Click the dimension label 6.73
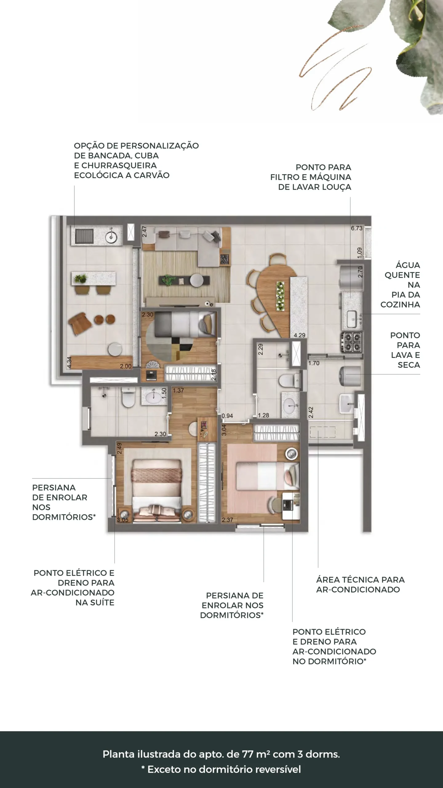tap(357, 228)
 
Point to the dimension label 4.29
tap(299, 335)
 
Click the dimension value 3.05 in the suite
tap(122, 520)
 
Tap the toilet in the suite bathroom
tap(128, 397)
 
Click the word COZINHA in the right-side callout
tap(400, 304)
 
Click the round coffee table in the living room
tap(196, 280)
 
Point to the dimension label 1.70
tap(314, 363)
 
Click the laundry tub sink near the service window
tap(347, 403)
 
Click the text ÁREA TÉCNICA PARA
tap(360, 580)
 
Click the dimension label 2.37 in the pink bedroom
tap(228, 520)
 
